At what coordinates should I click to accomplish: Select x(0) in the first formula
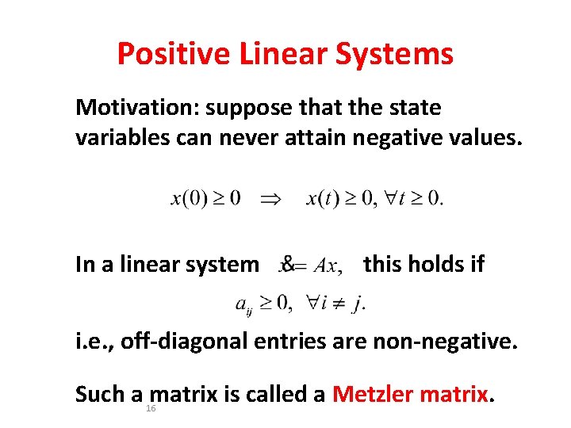[192, 198]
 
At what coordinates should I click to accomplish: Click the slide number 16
[150, 408]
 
